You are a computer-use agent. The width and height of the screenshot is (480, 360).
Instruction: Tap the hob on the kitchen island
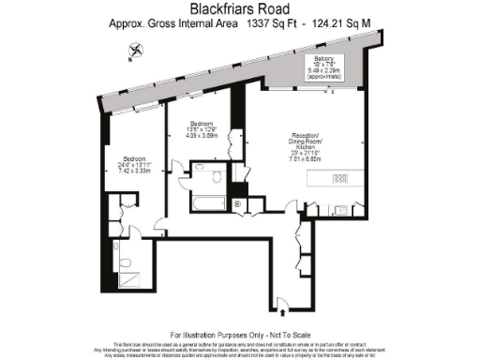click(x=339, y=178)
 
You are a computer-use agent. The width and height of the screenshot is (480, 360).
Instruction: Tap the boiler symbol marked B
click(x=235, y=203)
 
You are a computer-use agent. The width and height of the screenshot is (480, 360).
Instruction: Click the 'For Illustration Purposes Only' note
click(x=239, y=335)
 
